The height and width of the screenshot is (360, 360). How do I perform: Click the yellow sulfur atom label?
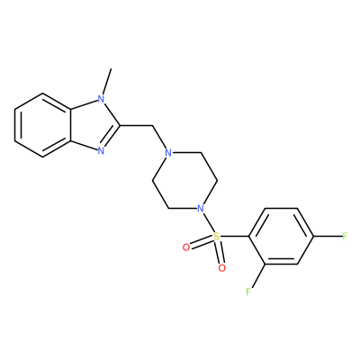(x=216, y=237)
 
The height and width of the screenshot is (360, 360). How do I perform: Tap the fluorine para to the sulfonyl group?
(x=345, y=236)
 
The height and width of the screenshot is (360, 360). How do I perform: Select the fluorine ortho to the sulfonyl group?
(x=248, y=292)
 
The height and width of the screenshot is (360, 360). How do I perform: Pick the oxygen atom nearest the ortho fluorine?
(x=221, y=268)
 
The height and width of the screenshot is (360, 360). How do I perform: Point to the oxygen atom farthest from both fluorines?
(x=186, y=247)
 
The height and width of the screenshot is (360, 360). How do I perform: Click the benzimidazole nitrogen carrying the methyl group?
(x=101, y=98)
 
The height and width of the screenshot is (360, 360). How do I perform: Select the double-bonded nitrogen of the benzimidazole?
(x=101, y=151)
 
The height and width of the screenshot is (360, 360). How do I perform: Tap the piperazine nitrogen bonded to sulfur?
(x=200, y=208)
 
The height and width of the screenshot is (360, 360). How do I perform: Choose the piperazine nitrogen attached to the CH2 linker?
(x=168, y=153)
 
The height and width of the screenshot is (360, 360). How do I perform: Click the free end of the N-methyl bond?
(x=112, y=68)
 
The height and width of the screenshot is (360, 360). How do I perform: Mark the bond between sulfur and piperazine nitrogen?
(x=208, y=222)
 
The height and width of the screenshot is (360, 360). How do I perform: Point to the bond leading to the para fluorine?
(x=328, y=236)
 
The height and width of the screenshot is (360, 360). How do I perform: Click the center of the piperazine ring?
(x=184, y=181)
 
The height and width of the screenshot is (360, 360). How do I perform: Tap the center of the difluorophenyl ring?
(x=281, y=236)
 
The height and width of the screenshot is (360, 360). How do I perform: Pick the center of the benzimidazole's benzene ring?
(x=42, y=125)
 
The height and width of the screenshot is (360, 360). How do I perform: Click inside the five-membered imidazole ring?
(x=93, y=125)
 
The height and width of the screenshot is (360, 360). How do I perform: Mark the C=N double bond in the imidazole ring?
(x=112, y=138)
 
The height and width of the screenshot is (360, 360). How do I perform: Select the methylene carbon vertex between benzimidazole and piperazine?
(x=152, y=125)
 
